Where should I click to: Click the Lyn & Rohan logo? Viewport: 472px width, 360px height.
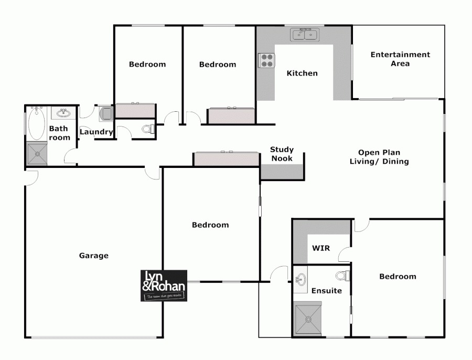click(x=164, y=286)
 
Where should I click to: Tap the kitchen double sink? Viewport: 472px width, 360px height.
click(x=305, y=35)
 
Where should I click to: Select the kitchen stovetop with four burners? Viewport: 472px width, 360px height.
click(x=266, y=60)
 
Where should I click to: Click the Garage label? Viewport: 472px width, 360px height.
click(x=94, y=256)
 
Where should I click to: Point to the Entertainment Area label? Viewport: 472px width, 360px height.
click(x=400, y=59)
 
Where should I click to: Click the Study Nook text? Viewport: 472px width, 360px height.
click(x=282, y=154)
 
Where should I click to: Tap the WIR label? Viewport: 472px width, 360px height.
click(x=321, y=248)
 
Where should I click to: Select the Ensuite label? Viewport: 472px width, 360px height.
click(x=326, y=291)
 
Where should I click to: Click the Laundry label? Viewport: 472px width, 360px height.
click(x=96, y=132)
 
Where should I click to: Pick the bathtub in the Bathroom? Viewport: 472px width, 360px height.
click(x=36, y=124)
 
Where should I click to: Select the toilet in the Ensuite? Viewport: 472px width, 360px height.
click(x=343, y=276)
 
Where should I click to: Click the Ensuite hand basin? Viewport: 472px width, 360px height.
click(x=301, y=278)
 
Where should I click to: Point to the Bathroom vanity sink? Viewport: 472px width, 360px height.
click(x=64, y=113)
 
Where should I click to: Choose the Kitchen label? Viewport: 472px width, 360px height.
click(x=302, y=73)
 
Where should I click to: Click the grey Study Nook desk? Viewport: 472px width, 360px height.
click(x=282, y=172)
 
